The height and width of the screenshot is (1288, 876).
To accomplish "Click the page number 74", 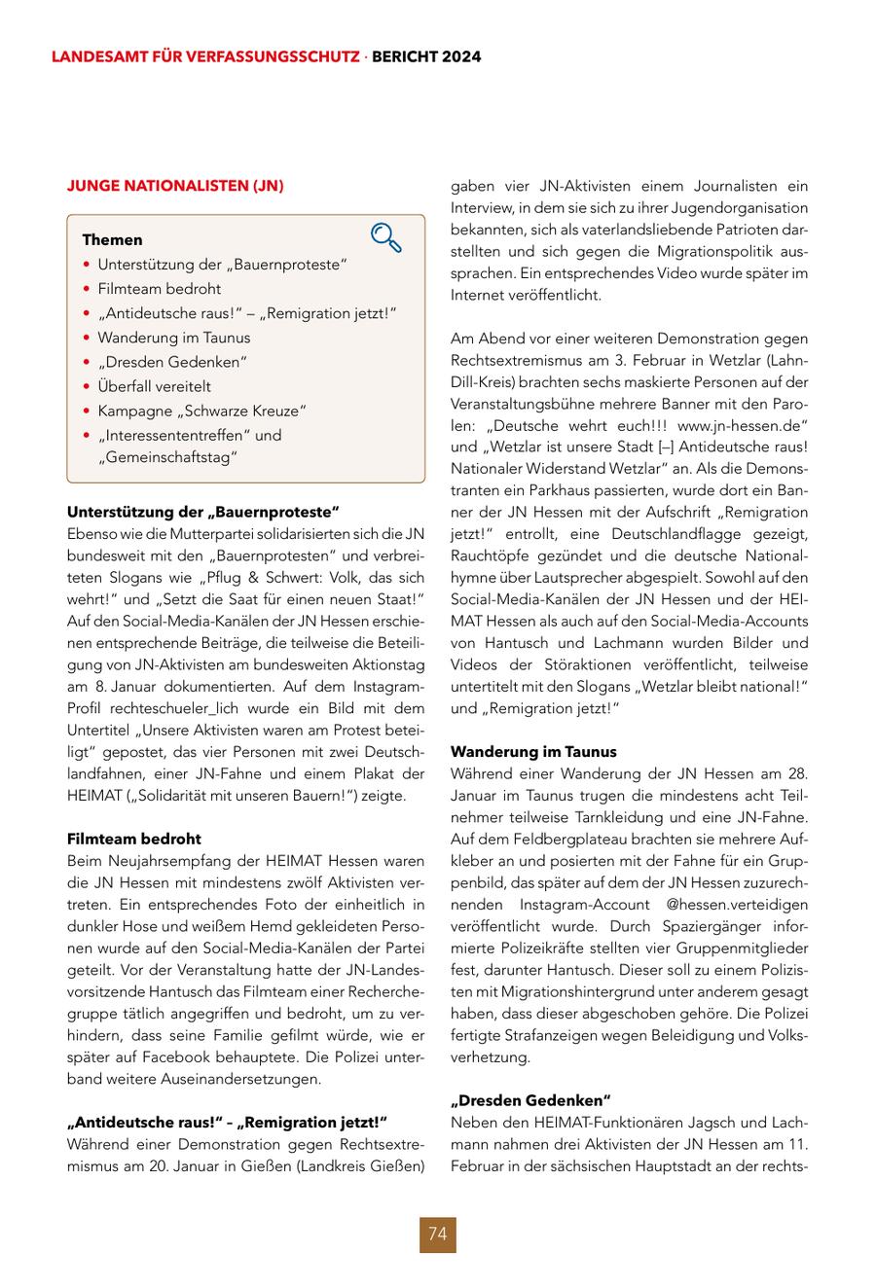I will [x=437, y=1234].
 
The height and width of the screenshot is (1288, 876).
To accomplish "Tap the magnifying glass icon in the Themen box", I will [x=385, y=238].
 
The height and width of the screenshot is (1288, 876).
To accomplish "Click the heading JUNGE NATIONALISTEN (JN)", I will [x=175, y=185].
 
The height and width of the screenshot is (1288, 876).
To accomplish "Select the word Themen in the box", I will [x=112, y=239].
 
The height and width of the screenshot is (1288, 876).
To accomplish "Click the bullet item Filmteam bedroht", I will [x=159, y=289].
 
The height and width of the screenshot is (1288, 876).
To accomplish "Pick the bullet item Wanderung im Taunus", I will [x=173, y=338].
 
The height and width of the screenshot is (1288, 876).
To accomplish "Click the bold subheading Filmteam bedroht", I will [x=134, y=839].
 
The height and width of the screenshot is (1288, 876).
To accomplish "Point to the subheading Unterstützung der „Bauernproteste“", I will [x=203, y=512].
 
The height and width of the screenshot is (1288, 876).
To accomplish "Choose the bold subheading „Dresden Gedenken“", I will [x=530, y=1100].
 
